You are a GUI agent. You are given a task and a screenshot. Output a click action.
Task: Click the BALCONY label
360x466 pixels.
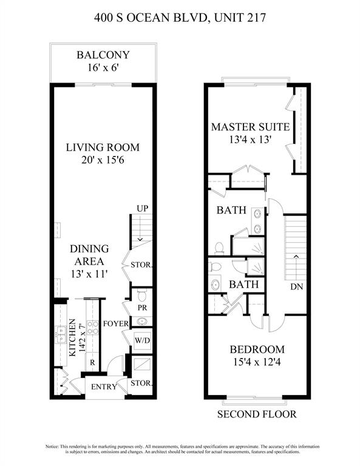tap(103, 56)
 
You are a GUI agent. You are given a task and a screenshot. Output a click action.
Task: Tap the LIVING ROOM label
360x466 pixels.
tap(103, 147)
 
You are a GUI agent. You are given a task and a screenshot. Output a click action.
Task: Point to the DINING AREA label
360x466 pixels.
tap(89, 255)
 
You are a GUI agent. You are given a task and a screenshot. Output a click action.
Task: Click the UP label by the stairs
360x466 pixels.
tap(143, 209)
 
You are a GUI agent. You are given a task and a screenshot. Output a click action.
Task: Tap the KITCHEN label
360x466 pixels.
tap(72, 338)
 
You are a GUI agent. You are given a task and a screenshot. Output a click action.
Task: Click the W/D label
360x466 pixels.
tap(142, 340)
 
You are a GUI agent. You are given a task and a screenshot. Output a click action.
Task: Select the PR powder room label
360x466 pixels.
tap(142, 308)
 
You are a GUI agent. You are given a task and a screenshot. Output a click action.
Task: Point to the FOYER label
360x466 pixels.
tap(114, 323)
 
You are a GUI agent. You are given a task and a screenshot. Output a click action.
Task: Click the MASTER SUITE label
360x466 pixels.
tap(250, 127)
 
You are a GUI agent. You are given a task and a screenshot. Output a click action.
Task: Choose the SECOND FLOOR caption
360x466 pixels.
tap(258, 415)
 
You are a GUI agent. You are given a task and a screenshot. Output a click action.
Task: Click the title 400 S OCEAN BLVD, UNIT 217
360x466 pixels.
tap(180, 19)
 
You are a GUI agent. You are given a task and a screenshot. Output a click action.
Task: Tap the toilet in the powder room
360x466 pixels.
tap(142, 296)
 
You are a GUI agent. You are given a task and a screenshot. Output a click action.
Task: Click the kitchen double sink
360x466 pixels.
tap(61, 333)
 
